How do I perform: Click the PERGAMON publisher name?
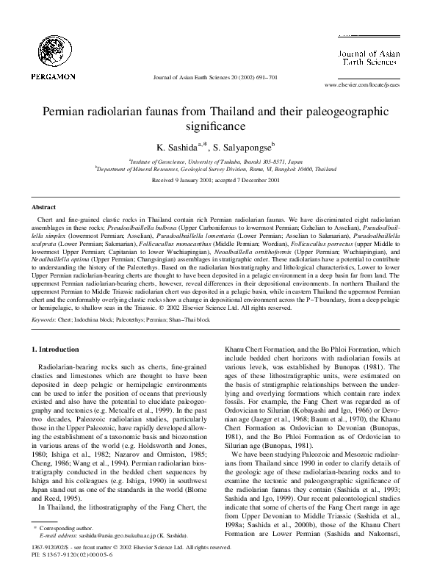point(49,76)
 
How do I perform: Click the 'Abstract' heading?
point(45,208)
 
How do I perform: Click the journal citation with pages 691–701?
point(213,76)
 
